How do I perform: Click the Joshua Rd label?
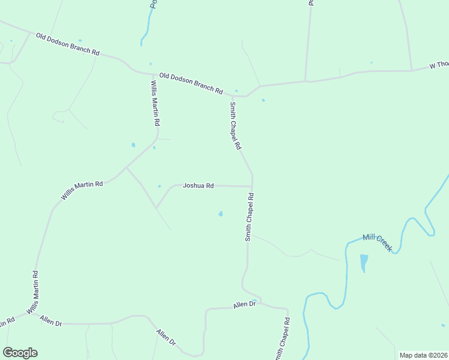pyautogui.click(x=198, y=186)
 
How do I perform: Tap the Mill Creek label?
pyautogui.click(x=377, y=242)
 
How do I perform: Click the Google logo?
pyautogui.click(x=20, y=353)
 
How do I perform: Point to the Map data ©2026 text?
pyautogui.click(x=423, y=355)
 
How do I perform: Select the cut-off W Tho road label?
pyautogui.click(x=439, y=65)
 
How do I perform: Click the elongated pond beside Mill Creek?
pyautogui.click(x=364, y=263)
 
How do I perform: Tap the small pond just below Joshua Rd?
pyautogui.click(x=221, y=214)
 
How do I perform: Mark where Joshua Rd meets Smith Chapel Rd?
pyautogui.click(x=252, y=186)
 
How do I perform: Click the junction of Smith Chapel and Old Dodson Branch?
pyautogui.click(x=232, y=95)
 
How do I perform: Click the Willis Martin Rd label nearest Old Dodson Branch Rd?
pyautogui.click(x=155, y=103)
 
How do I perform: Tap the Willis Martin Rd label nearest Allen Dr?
pyautogui.click(x=35, y=293)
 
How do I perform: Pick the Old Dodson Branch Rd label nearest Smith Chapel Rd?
pyautogui.click(x=191, y=83)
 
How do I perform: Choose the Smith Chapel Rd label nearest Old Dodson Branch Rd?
pyautogui.click(x=235, y=125)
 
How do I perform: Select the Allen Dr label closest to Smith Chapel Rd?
pyautogui.click(x=244, y=305)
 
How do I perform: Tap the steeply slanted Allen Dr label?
pyautogui.click(x=166, y=337)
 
